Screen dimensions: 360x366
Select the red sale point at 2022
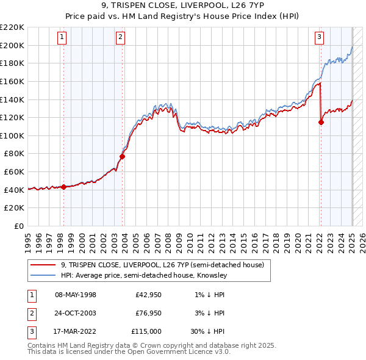pyautogui.click(x=321, y=122)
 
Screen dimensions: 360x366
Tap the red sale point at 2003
pyautogui.click(x=123, y=157)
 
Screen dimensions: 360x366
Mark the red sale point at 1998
pyautogui.click(x=63, y=187)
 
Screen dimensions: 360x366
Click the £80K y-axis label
pyautogui.click(x=14, y=154)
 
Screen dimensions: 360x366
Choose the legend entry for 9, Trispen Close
pyautogui.click(x=162, y=265)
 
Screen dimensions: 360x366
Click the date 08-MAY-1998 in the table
pyautogui.click(x=76, y=295)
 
